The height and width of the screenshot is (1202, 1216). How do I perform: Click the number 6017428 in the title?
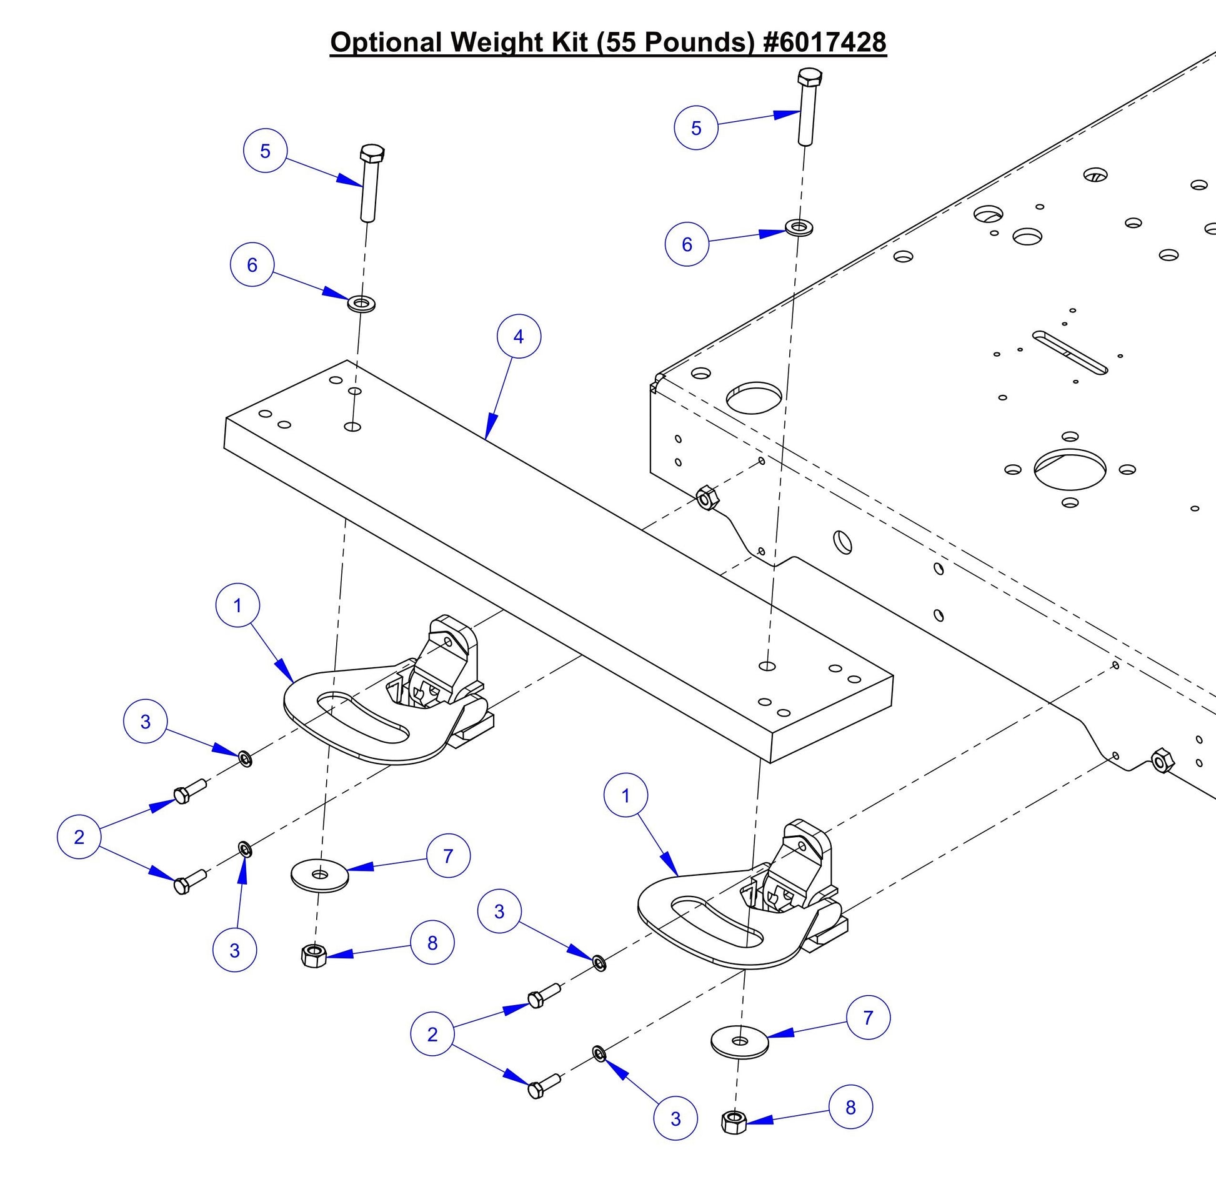(830, 42)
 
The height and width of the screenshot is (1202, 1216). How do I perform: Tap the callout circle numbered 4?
(519, 337)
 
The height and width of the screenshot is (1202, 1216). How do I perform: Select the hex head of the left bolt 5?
(371, 154)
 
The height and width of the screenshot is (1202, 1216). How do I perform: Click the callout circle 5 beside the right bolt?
(695, 127)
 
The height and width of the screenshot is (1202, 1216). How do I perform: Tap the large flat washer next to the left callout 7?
(320, 875)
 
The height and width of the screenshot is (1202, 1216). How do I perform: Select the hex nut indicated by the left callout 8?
(313, 956)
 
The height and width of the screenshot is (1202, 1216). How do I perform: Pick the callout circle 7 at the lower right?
(868, 1018)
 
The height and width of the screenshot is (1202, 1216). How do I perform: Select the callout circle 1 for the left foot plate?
(237, 605)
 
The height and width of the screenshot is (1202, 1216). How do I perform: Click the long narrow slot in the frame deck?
(1070, 353)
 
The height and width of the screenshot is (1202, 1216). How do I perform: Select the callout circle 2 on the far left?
(79, 837)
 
